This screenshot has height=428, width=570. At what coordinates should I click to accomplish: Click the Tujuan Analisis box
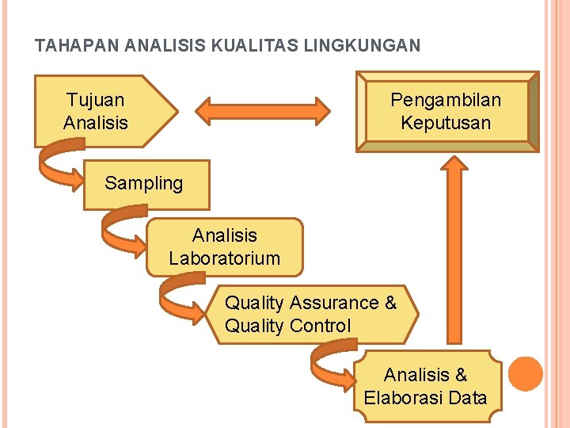99,111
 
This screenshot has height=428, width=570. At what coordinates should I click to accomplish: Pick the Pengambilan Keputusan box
446,111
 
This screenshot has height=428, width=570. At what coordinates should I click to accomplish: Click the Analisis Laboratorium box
225,246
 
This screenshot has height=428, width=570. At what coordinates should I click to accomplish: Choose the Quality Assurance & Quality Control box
312,314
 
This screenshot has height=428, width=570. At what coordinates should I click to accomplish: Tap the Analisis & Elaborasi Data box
426,386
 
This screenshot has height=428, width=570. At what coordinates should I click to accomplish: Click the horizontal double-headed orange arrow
263,111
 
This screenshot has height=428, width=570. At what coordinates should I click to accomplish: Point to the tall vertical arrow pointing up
454,254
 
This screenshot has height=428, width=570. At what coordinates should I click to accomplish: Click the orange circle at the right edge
525,374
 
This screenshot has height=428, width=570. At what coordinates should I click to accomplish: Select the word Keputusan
446,123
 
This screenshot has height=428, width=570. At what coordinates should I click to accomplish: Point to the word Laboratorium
225,258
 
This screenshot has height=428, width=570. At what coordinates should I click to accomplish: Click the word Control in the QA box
320,326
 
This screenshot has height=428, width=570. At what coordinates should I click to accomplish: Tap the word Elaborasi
403,398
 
